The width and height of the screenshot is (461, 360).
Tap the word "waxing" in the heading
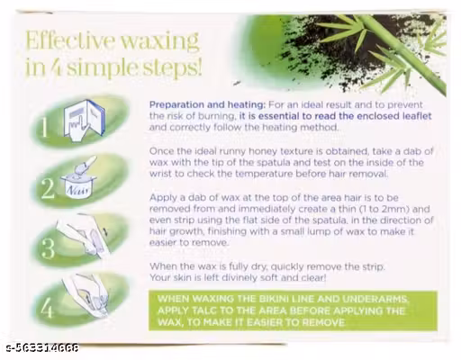[x=160, y=43]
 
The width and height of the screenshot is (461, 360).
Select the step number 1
[x=44, y=128]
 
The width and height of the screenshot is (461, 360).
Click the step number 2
[x=48, y=189]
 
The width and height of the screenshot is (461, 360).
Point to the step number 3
[x=48, y=248]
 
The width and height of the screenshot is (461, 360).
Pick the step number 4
[x=47, y=308]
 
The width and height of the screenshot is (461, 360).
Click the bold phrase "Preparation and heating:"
[x=207, y=104]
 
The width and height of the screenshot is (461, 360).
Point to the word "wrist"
[x=160, y=174]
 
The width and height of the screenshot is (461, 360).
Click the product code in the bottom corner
[x=42, y=347]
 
